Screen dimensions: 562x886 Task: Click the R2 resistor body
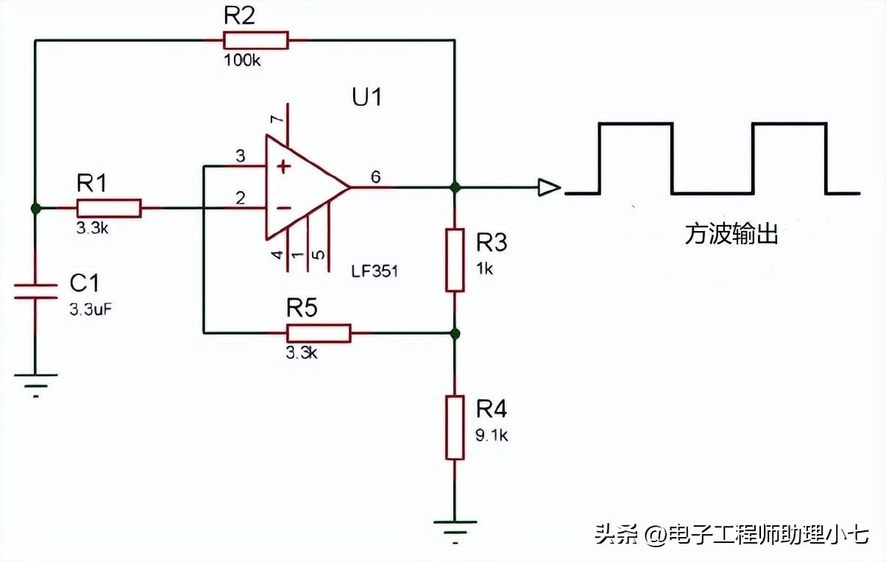[255, 40]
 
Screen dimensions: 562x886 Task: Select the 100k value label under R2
[241, 60]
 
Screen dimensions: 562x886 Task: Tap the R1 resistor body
[108, 208]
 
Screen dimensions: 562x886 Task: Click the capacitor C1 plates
[35, 291]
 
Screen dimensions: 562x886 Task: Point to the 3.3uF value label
[91, 309]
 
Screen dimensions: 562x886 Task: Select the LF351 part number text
[375, 271]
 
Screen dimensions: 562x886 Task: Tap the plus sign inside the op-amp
[283, 167]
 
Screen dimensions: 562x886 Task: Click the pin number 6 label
[375, 177]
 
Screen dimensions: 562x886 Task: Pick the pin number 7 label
[276, 119]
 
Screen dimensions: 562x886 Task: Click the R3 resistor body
[456, 260]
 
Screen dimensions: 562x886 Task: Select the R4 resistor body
[456, 427]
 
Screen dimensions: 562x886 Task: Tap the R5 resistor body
[318, 333]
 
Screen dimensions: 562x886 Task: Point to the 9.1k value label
[492, 435]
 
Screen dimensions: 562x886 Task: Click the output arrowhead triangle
[548, 188]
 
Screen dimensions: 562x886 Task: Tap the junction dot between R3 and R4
[456, 333]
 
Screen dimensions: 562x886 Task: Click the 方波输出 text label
[731, 235]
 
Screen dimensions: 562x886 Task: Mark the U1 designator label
[367, 96]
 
